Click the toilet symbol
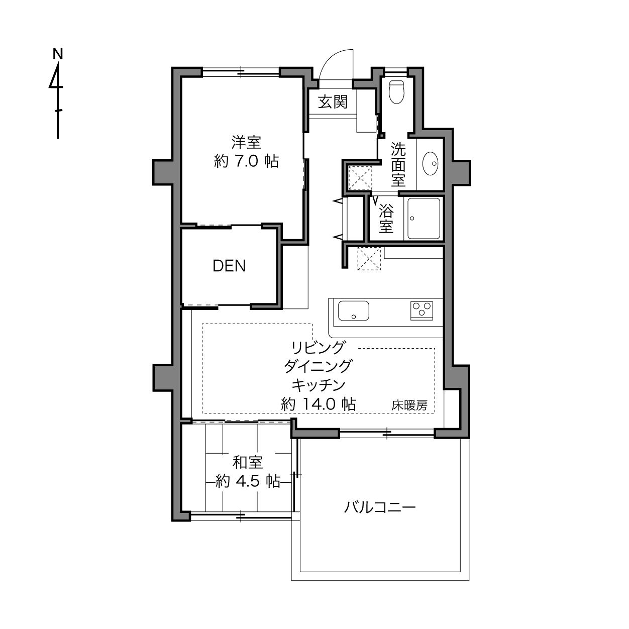[x=397, y=92]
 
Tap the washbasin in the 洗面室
[x=431, y=164]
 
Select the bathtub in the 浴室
[x=424, y=219]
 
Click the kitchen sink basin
[x=354, y=311]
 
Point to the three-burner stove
[x=422, y=310]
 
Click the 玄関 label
[x=333, y=102]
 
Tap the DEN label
[x=229, y=266]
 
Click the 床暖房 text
[x=409, y=405]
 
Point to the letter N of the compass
[x=58, y=54]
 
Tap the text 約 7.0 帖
[x=247, y=161]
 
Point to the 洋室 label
[x=247, y=142]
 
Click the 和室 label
[x=248, y=462]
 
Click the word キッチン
[x=318, y=385]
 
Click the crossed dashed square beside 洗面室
[x=360, y=177]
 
